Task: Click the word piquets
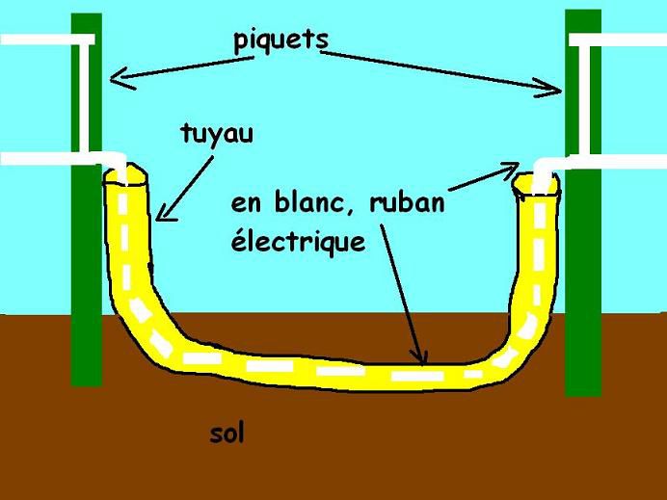point(280,40)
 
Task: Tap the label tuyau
point(217,133)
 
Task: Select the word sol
point(227,434)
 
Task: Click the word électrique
point(298,241)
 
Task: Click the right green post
point(583,289)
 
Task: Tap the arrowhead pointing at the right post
point(554,90)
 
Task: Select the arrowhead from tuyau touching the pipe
point(161,213)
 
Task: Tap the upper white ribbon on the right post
point(617,39)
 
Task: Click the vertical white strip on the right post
point(584,96)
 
